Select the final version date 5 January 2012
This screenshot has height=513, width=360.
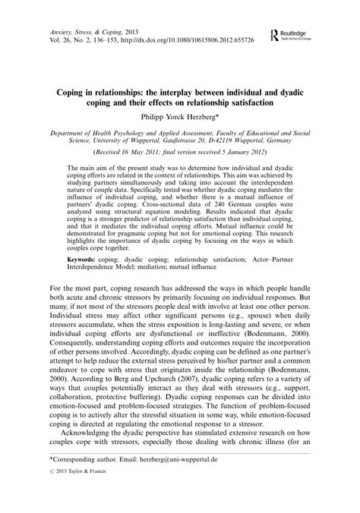tap(236, 152)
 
